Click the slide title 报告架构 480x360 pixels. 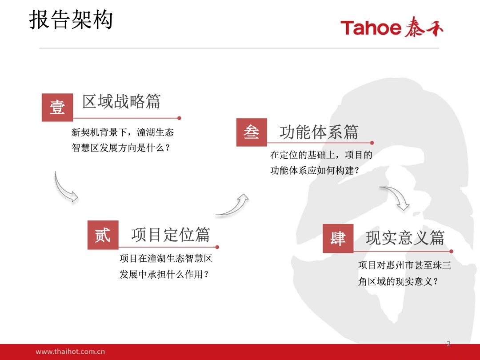point(71,20)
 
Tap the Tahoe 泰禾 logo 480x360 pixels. point(392,27)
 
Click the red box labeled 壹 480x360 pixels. point(57,108)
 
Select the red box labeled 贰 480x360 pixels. point(103,235)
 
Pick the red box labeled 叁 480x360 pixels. point(252,132)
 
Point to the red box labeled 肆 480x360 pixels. point(338,239)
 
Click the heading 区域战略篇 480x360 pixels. point(121,102)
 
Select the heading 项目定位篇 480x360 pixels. point(171,235)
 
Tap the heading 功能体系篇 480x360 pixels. point(319,132)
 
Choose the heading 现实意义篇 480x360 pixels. point(405,238)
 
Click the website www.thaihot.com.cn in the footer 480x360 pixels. point(70,352)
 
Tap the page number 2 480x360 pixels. point(448,344)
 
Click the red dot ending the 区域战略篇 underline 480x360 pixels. point(180,118)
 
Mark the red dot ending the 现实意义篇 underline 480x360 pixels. point(451,251)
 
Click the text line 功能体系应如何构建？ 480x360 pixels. point(315,170)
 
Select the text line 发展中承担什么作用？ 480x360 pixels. point(164,274)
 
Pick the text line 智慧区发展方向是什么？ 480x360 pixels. point(121,148)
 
